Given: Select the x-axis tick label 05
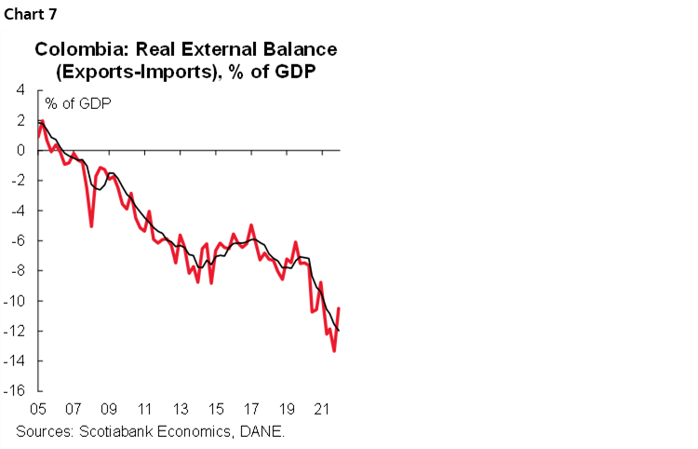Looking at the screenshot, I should [38, 409].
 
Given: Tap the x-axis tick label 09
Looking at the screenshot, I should [109, 409].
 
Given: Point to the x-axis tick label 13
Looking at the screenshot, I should [181, 409].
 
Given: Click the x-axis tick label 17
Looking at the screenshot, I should [251, 409].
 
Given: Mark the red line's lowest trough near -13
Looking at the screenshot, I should [333, 350].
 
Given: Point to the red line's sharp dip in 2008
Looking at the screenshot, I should [91, 225].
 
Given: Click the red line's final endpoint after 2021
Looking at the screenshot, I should [339, 308].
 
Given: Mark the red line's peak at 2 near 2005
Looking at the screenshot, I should [43, 121].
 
